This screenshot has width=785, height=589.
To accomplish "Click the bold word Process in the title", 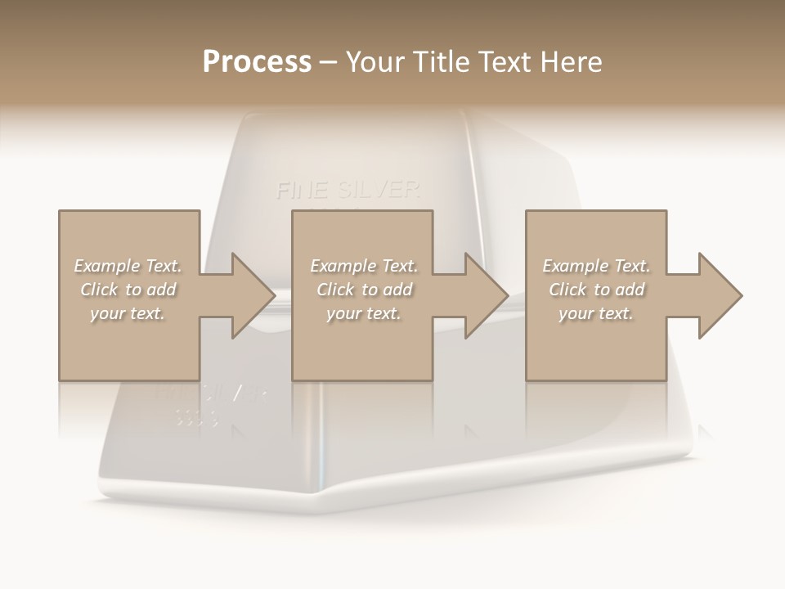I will click(x=257, y=62).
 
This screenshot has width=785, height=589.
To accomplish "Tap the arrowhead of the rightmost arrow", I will click(x=719, y=295).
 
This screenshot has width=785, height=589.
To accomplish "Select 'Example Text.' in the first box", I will click(x=128, y=266).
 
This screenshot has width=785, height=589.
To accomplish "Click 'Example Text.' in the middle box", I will click(x=364, y=266).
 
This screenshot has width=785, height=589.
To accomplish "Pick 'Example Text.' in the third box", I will click(x=596, y=266).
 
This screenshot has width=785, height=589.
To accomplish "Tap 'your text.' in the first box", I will click(x=128, y=313).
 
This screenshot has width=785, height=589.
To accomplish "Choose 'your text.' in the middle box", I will click(x=364, y=313).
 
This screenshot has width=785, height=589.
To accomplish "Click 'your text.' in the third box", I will click(x=596, y=313).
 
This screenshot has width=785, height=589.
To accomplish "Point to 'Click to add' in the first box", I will click(x=128, y=290).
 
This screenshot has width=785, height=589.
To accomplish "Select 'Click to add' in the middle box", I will click(x=364, y=290).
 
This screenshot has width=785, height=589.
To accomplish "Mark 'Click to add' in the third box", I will click(x=596, y=290).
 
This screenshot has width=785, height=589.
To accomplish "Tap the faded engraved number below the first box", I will click(x=197, y=419).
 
